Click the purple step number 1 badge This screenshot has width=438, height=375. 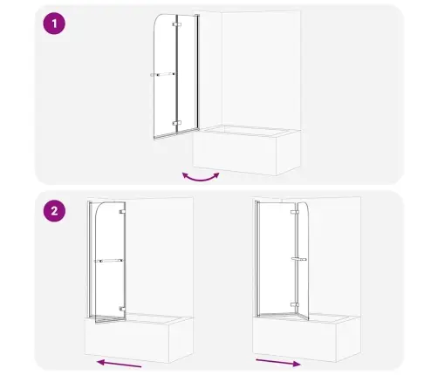coord(54,24)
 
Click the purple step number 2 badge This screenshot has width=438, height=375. coord(54,211)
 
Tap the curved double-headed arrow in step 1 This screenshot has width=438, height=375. coord(201,180)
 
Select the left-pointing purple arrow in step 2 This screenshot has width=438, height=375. coord(119,364)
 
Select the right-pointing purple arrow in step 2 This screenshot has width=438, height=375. coord(278,362)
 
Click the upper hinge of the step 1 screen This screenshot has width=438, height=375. coord(177,24)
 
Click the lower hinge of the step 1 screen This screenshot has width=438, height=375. coord(177,123)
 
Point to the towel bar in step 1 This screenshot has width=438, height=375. coord(163,75)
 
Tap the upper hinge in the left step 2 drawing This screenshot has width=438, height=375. coord(122,212)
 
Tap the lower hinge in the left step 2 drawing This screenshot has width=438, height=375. coord(122,309)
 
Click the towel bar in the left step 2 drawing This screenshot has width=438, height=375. coord(108,261)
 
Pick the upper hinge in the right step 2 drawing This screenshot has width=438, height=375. coord(295,212)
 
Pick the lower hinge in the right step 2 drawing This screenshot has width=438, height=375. coord(295,304)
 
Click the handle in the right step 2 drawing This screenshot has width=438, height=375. coord(299,259)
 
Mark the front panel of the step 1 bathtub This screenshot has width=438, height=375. coord(235,153)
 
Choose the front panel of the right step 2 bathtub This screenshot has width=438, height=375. coord(295,339)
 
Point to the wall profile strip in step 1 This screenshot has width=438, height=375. coord(197,72)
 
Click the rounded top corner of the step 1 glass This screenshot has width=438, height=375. coord(158,20)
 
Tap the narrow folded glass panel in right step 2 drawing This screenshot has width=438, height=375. coord(302,261)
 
